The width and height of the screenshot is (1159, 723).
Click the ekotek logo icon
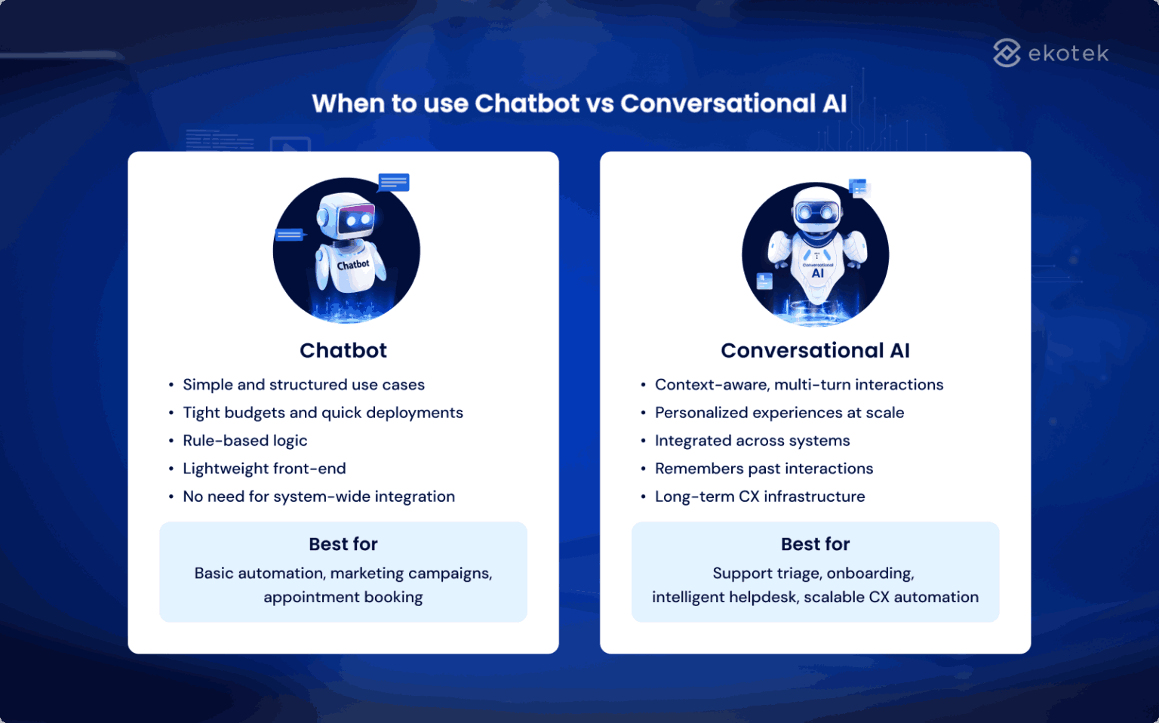(x=1007, y=53)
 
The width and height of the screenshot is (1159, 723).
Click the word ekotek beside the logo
(x=1068, y=54)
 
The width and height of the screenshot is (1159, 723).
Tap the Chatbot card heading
(x=343, y=350)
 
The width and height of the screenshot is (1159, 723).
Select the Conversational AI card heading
(x=815, y=350)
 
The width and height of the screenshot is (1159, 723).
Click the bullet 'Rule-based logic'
(x=244, y=441)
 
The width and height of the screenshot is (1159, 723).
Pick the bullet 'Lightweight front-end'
(x=264, y=469)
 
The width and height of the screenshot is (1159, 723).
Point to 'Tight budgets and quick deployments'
(x=322, y=413)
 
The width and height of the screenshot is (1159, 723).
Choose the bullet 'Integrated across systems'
(x=752, y=441)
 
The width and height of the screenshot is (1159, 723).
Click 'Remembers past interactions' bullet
(x=764, y=469)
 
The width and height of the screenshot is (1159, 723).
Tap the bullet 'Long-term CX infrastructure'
(x=759, y=497)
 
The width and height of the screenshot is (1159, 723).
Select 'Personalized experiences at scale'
(x=779, y=413)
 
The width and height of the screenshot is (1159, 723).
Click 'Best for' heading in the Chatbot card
(x=343, y=544)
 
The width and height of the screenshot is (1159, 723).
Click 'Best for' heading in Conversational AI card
(x=815, y=544)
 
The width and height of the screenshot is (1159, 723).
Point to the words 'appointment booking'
(x=343, y=597)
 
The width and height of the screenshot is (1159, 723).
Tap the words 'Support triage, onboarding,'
(x=813, y=574)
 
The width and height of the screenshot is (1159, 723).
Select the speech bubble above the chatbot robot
(x=393, y=182)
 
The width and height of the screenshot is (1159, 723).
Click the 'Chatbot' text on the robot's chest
(x=353, y=265)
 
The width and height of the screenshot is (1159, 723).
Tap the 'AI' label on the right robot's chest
(x=818, y=274)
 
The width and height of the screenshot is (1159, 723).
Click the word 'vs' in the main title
(x=600, y=103)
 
